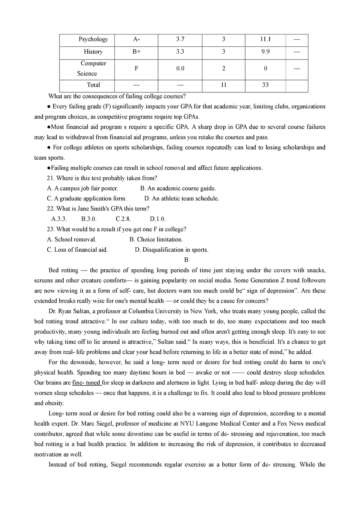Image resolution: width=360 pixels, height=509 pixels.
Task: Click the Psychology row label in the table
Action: [93, 39]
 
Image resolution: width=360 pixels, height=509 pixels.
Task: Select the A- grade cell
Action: [136, 39]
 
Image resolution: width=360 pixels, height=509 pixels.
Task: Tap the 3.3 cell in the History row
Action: [180, 52]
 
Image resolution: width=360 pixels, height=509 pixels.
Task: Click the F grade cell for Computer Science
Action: [136, 68]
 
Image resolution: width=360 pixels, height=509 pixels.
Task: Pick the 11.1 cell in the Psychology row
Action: [265, 39]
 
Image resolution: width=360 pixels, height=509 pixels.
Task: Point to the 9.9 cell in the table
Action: [265, 52]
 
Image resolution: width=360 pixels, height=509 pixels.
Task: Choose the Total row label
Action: [94, 85]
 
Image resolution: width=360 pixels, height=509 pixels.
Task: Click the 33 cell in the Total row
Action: [265, 85]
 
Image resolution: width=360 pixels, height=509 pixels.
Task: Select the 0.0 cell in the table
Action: [180, 68]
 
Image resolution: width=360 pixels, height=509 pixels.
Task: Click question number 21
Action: [51, 178]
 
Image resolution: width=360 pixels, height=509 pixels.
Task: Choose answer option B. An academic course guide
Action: [178, 188]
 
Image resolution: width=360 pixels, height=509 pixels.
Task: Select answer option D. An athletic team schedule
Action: [182, 198]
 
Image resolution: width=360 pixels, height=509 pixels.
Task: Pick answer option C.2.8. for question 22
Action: [123, 219]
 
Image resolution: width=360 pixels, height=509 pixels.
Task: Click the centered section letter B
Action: [180, 260]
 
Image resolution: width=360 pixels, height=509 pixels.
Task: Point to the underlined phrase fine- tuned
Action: [86, 383]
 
